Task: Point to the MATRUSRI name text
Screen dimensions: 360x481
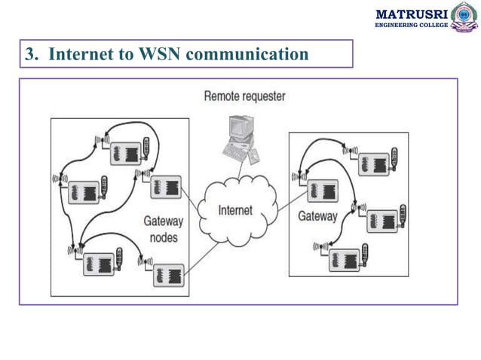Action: [x=411, y=13]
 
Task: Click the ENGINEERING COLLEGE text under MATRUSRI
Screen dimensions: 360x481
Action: [x=411, y=26]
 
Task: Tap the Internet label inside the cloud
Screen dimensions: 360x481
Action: [x=235, y=210]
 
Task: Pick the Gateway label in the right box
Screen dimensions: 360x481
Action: [x=317, y=216]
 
